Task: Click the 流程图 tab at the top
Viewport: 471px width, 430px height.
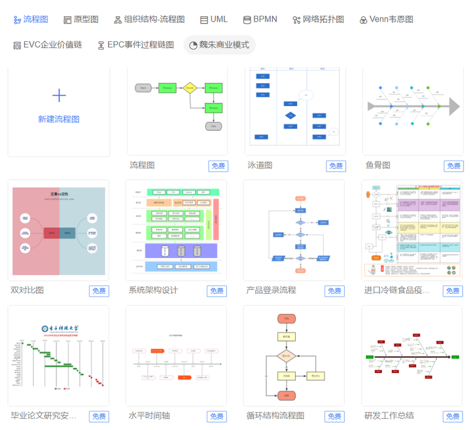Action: pos(31,20)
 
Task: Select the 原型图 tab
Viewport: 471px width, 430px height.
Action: pos(81,20)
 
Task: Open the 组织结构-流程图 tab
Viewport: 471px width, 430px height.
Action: pos(149,20)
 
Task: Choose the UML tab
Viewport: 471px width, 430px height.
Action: pos(214,20)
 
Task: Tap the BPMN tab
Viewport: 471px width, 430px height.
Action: pos(260,20)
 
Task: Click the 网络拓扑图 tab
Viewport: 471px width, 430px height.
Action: pos(318,20)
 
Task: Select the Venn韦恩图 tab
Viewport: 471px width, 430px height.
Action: pos(386,20)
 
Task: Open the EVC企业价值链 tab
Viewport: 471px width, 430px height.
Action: pos(47,45)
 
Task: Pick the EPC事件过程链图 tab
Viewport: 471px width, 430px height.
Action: pos(135,45)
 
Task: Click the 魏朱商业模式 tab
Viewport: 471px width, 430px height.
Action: pos(219,45)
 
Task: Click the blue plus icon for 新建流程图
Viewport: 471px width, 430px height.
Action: pos(59,96)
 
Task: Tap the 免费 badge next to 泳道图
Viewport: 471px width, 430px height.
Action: pos(336,166)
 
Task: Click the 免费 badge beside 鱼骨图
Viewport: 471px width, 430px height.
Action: pos(453,166)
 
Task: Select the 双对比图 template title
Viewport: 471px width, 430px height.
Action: pos(27,290)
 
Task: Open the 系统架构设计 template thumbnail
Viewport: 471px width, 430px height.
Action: pos(177,230)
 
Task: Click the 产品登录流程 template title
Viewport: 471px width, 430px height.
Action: pos(271,290)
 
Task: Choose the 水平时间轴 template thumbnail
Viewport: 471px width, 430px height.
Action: pos(177,356)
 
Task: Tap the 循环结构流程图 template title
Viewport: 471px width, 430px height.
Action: pos(275,416)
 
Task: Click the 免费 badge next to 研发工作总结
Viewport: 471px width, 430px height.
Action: pos(453,416)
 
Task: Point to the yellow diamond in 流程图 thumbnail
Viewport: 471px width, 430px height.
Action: pos(190,87)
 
